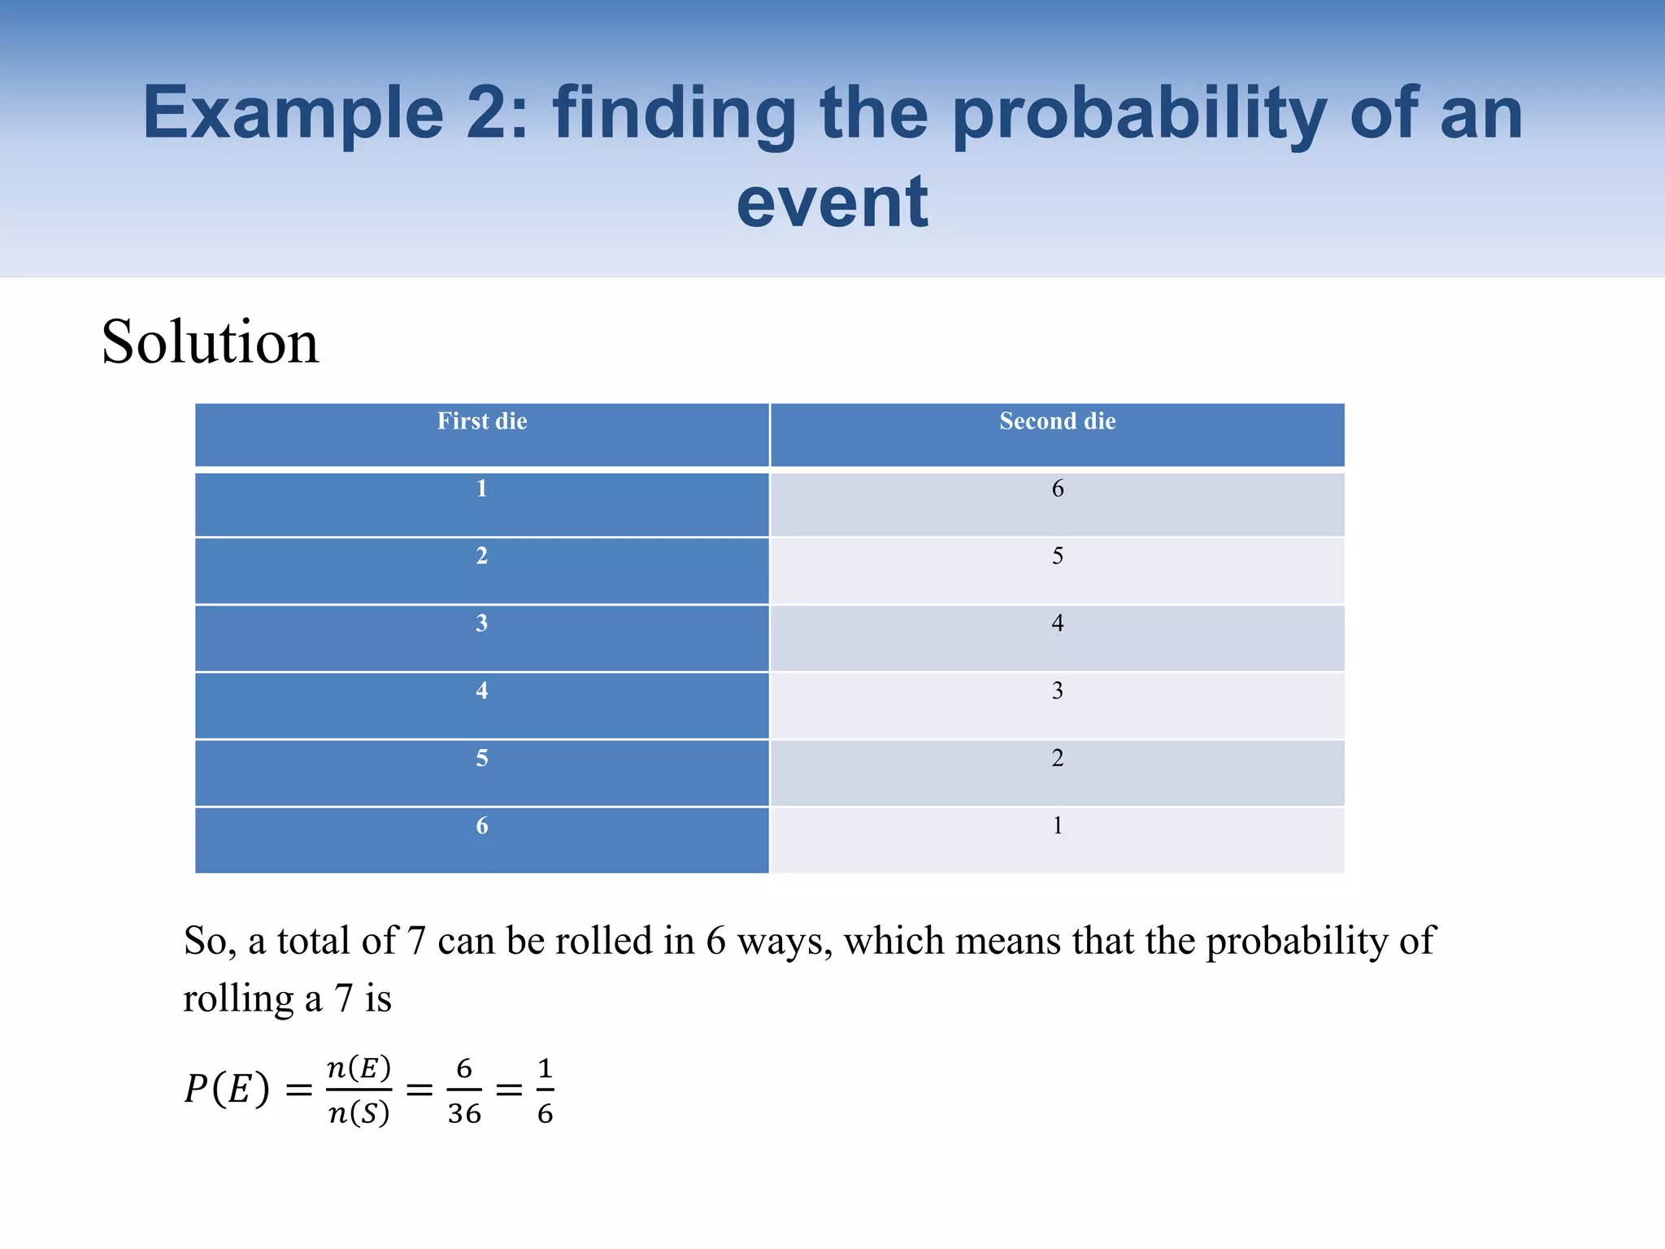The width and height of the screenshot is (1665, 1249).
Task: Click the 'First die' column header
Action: click(482, 421)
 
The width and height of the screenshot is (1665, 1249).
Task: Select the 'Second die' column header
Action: click(1057, 421)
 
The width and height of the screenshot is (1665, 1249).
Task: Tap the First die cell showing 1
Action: click(481, 489)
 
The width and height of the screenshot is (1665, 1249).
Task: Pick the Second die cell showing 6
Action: click(1057, 489)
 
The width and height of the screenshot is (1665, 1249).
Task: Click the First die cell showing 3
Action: click(481, 624)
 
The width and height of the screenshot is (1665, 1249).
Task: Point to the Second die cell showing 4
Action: click(1057, 624)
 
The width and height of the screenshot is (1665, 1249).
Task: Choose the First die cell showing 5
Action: click(481, 759)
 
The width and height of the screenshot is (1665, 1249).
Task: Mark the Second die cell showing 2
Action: click(1057, 759)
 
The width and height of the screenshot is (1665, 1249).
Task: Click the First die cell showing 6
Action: click(481, 826)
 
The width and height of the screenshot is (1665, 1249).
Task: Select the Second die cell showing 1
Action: click(1057, 826)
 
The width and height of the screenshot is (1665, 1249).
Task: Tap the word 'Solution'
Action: click(210, 342)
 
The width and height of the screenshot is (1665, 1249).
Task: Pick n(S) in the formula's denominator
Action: click(359, 1112)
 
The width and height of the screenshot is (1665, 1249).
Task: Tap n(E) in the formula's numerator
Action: click(359, 1068)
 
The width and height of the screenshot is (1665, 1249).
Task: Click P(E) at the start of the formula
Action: click(227, 1089)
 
